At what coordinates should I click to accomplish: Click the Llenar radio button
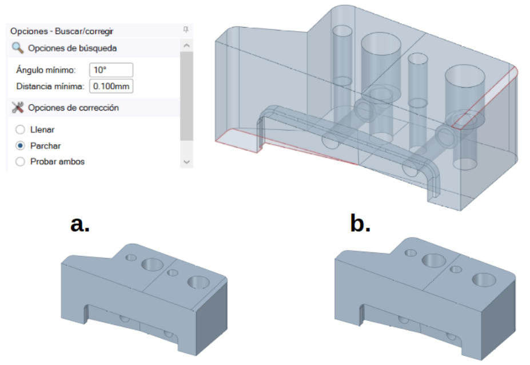click(21, 130)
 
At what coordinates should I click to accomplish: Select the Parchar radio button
click(21, 146)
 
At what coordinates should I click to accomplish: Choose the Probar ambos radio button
click(21, 162)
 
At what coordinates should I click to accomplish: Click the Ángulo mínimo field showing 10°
click(111, 70)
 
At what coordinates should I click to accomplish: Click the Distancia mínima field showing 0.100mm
click(111, 86)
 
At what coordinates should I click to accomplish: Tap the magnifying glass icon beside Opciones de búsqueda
click(18, 48)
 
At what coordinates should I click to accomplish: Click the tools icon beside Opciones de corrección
click(18, 107)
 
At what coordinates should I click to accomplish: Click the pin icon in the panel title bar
click(186, 30)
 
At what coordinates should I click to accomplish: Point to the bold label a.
click(79, 224)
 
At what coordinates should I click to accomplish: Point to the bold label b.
click(360, 224)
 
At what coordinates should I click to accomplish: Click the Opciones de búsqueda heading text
click(72, 48)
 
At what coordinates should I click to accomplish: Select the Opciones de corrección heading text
click(73, 108)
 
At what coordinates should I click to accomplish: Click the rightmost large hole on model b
click(484, 280)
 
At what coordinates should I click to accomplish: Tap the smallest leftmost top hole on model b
click(410, 252)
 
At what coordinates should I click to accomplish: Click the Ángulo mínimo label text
click(45, 70)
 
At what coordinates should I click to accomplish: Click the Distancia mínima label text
click(50, 86)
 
